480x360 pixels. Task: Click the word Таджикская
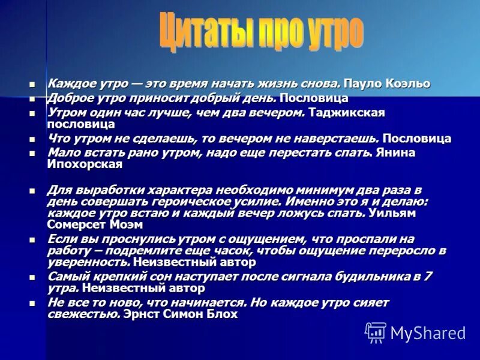pyautogui.click(x=347, y=112)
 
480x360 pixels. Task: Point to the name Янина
pyautogui.click(x=396, y=152)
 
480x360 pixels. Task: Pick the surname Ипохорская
pyautogui.click(x=85, y=164)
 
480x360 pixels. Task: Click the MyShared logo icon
pyautogui.click(x=376, y=332)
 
